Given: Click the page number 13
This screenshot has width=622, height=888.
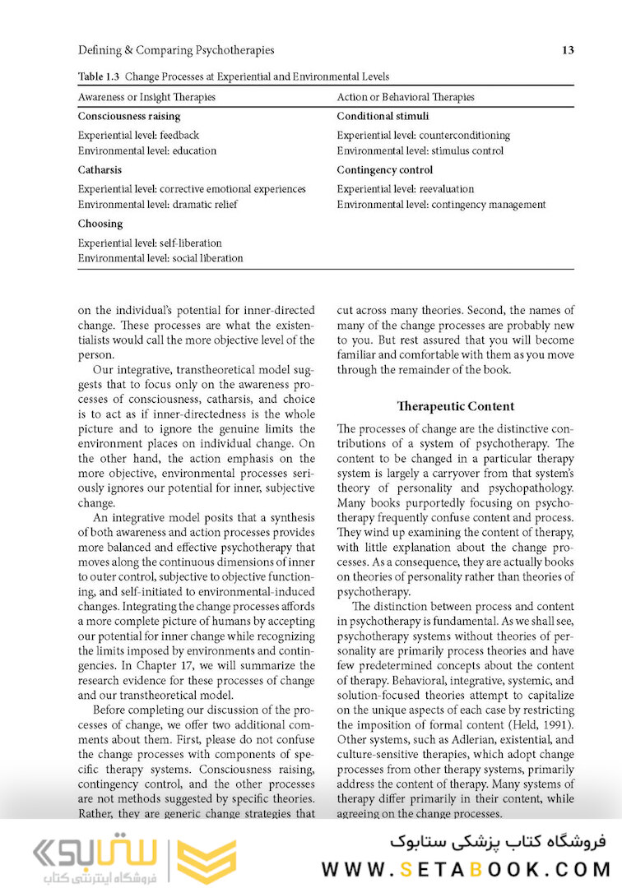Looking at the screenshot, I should (x=568, y=50).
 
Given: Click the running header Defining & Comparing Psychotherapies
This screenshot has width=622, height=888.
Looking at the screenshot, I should (x=176, y=50).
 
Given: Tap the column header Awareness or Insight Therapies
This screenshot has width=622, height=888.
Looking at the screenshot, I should (x=146, y=97).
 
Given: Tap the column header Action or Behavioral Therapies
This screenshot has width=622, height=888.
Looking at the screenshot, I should (x=406, y=97).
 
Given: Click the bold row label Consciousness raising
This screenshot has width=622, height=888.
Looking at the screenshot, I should (x=129, y=117).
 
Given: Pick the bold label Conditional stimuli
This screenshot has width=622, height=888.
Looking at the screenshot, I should (x=383, y=117).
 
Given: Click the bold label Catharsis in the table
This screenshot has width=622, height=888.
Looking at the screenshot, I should (x=100, y=170).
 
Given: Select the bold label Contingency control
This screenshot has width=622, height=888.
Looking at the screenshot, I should (x=384, y=170).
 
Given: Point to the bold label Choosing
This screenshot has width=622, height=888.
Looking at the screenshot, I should (x=100, y=224).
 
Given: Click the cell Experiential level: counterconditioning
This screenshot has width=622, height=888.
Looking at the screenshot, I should (x=423, y=135).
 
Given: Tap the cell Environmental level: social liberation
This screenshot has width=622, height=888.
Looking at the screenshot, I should (x=160, y=258).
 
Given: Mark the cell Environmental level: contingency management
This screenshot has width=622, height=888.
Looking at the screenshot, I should (x=441, y=204).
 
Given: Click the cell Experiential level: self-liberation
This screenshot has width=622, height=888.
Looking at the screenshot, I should (x=150, y=243).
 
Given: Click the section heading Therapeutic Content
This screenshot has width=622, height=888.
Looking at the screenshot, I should (x=455, y=406).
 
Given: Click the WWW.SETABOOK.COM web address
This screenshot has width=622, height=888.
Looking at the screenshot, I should (x=466, y=868).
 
